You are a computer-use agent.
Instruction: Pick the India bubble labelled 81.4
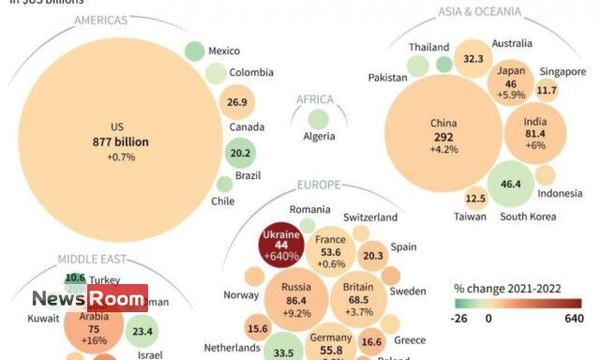coord(535,132)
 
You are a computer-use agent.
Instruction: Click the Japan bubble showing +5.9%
coord(512,82)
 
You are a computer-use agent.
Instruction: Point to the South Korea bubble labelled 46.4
coord(511,185)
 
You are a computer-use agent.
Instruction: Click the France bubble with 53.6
coord(330,252)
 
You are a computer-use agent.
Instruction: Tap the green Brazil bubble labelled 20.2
coord(240,153)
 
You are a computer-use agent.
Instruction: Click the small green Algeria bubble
coord(319,119)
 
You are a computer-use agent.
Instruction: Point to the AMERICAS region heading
coord(102,20)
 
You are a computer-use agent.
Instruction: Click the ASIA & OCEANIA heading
coord(479,11)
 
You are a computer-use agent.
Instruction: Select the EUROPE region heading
coord(319,186)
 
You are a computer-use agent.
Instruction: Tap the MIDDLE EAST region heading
coord(93,260)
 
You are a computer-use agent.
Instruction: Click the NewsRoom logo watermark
coord(89,299)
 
